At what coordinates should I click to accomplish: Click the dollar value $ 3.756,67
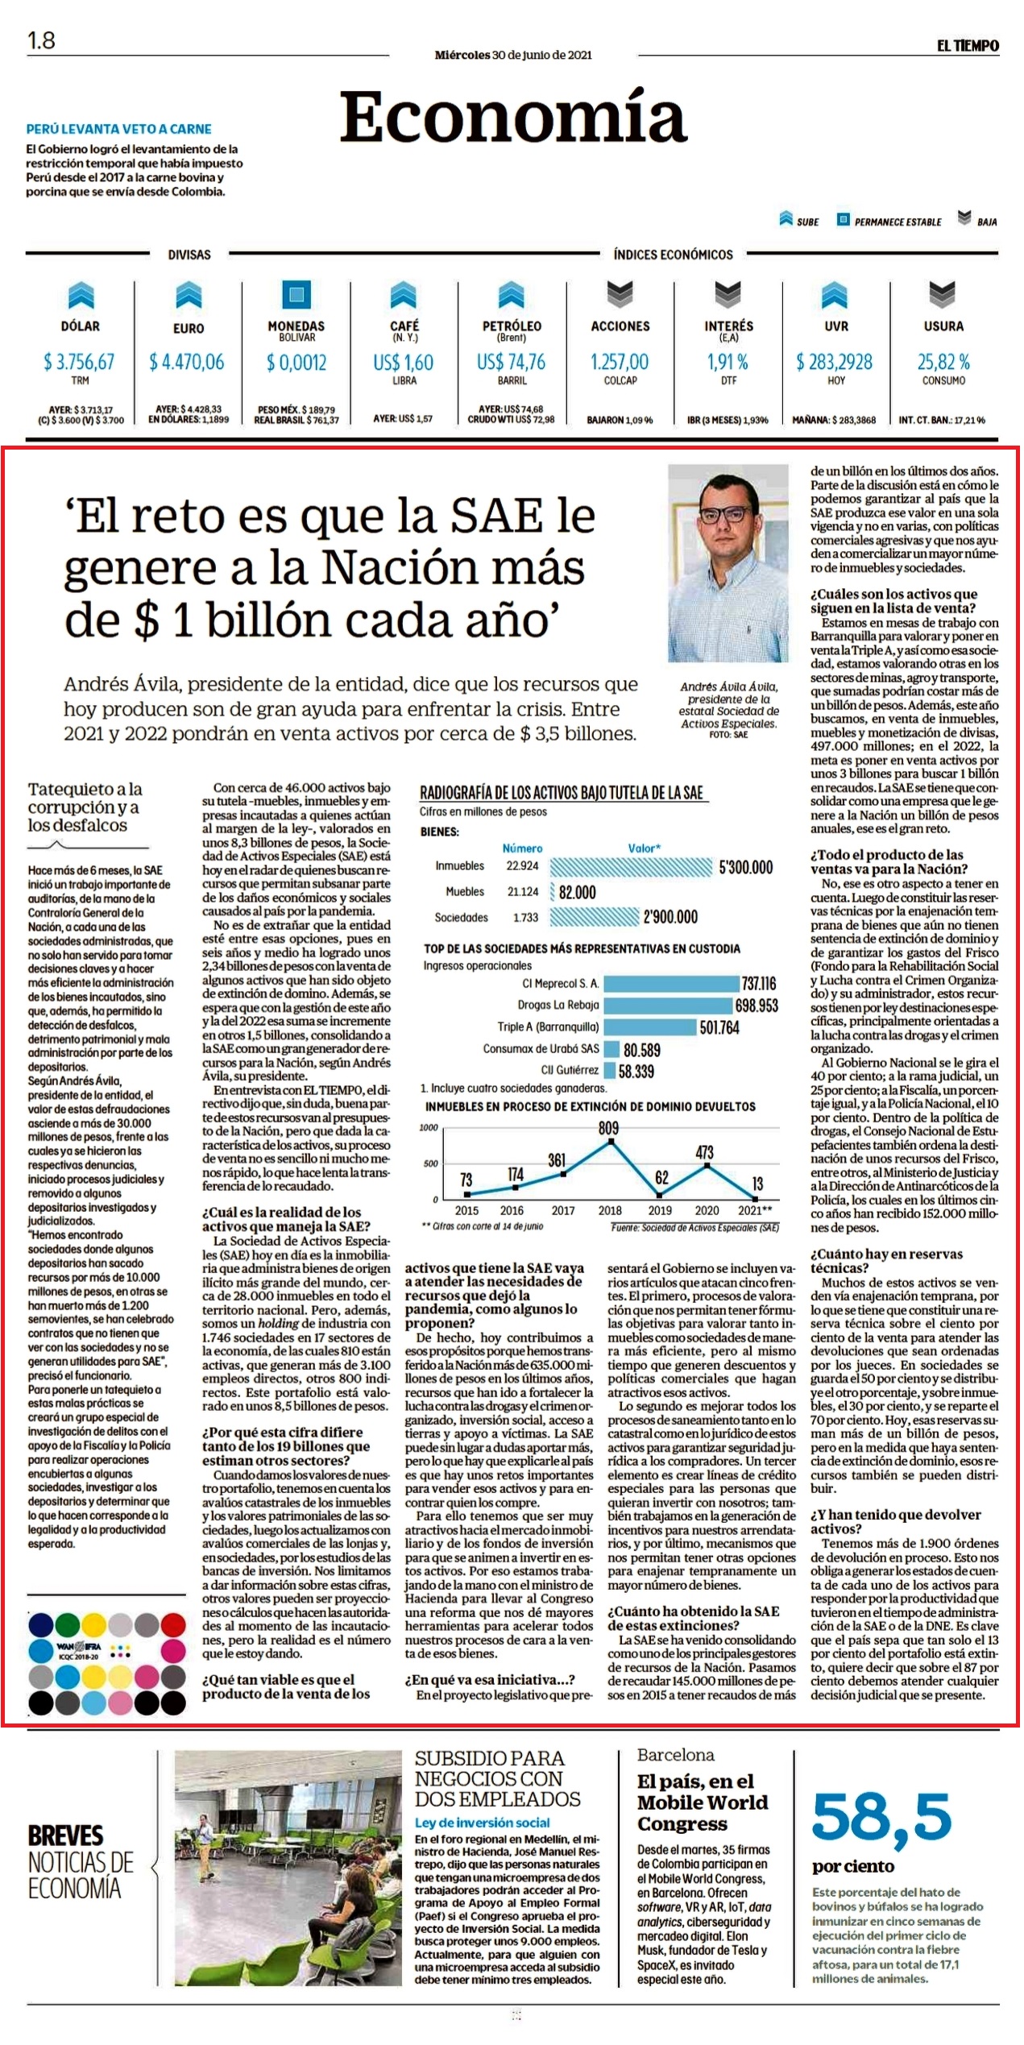79,362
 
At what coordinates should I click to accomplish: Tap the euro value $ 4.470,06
187,362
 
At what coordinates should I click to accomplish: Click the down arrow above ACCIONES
620,294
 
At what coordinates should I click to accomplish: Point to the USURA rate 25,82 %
943,362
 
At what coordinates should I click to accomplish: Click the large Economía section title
513,117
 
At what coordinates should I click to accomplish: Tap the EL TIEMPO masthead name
968,46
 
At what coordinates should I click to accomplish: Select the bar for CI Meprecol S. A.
671,983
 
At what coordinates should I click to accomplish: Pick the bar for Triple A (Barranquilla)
649,1027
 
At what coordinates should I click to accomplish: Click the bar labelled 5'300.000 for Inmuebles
632,867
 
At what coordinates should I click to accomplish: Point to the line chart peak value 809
609,1128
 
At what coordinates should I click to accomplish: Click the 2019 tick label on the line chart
660,1210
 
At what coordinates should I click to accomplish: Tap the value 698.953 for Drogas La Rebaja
757,1006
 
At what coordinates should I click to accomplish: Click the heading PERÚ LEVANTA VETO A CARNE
118,129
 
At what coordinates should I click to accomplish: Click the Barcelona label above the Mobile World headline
675,1755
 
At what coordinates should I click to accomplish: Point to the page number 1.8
41,40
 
